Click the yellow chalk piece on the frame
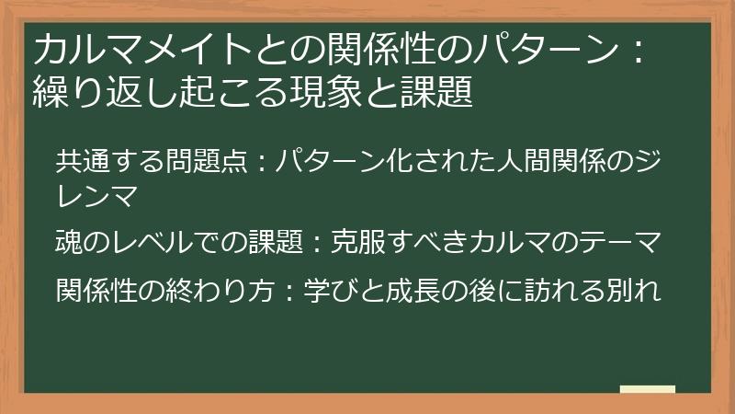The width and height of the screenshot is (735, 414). point(647,389)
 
